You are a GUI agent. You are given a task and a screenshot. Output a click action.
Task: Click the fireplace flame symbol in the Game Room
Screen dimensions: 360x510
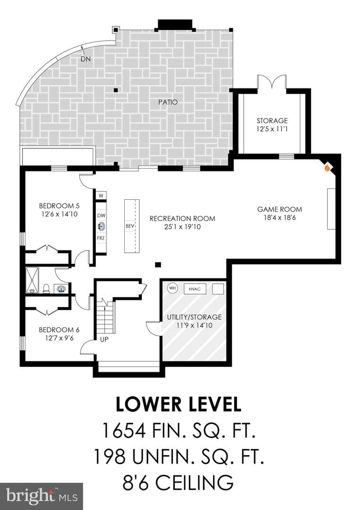click(327, 168)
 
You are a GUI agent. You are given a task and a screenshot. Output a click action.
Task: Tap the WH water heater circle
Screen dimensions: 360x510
click(172, 288)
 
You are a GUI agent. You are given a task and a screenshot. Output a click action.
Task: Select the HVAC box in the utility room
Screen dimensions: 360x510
click(195, 289)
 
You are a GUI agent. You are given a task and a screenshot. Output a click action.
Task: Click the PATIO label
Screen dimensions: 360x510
click(168, 102)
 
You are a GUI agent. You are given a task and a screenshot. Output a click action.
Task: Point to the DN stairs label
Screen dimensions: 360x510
click(86, 59)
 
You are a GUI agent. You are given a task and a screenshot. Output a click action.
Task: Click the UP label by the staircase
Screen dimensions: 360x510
click(104, 339)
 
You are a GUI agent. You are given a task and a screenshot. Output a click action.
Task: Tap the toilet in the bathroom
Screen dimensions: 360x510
click(47, 289)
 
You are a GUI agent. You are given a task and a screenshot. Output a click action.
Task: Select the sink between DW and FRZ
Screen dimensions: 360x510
click(101, 226)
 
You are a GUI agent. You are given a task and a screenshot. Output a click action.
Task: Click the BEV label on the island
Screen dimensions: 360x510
click(130, 226)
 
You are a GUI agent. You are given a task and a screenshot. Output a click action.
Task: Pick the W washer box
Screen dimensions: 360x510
click(101, 195)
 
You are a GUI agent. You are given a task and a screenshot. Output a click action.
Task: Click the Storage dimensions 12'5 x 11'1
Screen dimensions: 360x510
click(272, 129)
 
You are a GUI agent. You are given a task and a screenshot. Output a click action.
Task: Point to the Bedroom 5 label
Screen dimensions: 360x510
click(59, 206)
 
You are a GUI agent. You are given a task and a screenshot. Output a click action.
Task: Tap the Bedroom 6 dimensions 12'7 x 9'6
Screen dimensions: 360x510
click(59, 338)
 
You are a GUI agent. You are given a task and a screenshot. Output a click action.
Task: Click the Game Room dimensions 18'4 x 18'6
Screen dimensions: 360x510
click(280, 218)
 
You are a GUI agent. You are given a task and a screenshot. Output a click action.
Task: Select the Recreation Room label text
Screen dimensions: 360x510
click(182, 219)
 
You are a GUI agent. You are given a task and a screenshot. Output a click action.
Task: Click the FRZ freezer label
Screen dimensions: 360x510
click(101, 238)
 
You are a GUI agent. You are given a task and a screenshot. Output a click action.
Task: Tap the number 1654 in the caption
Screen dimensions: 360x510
click(124, 430)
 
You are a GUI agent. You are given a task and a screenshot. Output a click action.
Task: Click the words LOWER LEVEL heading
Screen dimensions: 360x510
click(179, 404)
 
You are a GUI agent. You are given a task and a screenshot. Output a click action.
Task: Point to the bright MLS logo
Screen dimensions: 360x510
click(42, 496)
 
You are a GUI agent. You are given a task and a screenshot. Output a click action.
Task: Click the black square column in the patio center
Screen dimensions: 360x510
click(116, 90)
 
